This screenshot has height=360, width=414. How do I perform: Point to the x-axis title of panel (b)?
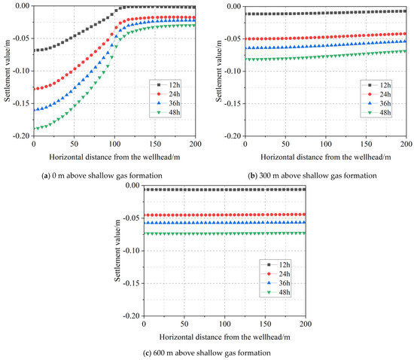pos(315,157)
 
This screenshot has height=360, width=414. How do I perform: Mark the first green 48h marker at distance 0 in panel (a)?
pos(34,129)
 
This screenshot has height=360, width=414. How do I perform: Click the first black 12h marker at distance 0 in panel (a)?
pos(34,50)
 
